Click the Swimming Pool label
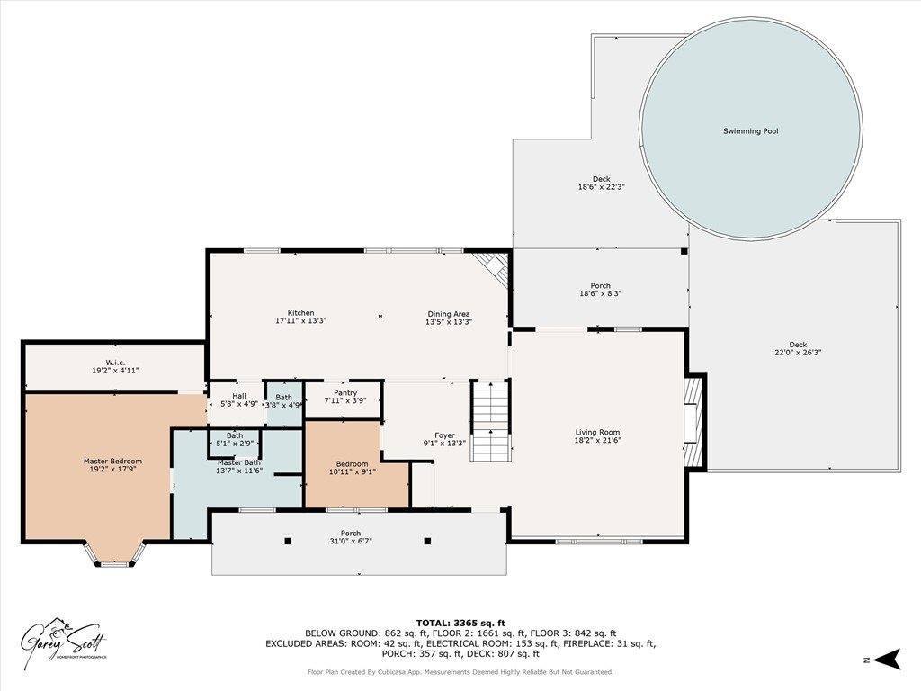click(x=750, y=131)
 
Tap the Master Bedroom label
click(x=112, y=462)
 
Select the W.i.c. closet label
click(x=113, y=363)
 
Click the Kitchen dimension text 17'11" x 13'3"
click(x=300, y=321)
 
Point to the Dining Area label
click(x=448, y=313)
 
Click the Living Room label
click(x=597, y=433)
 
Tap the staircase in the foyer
click(x=490, y=421)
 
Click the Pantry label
click(x=345, y=393)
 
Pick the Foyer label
click(x=444, y=435)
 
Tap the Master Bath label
click(x=238, y=462)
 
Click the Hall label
click(x=239, y=396)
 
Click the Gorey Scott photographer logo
click(x=65, y=642)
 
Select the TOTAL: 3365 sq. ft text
click(x=460, y=623)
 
